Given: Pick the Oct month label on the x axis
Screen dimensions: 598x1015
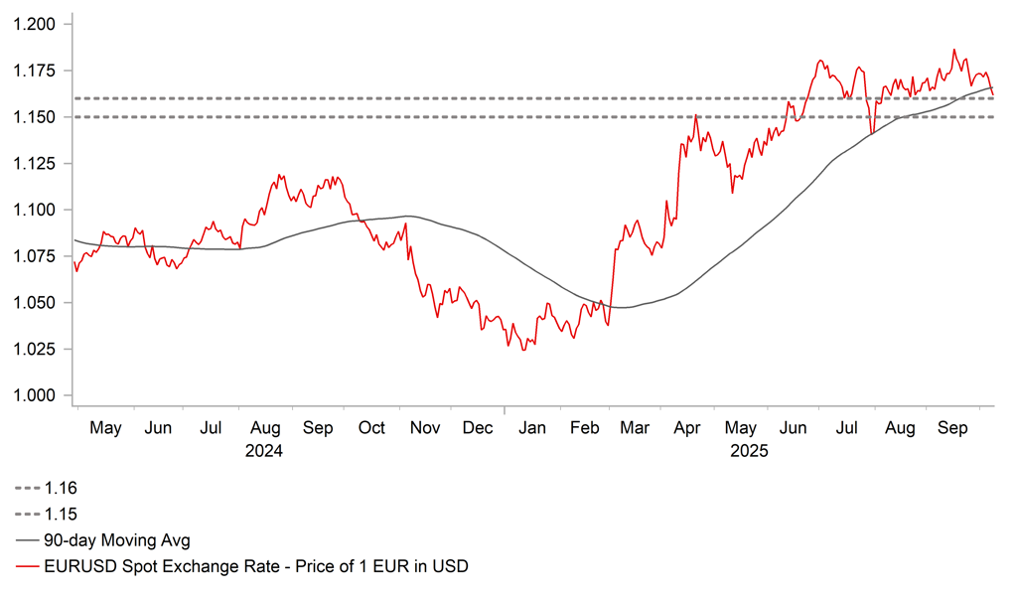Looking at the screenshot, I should (371, 428).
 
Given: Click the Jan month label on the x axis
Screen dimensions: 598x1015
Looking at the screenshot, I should (532, 428).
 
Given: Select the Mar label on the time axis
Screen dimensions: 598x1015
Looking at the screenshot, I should (635, 428).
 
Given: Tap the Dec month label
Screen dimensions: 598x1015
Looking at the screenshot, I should (478, 428).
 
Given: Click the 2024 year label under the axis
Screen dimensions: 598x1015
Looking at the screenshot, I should (265, 450).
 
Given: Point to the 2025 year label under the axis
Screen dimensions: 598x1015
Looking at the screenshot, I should (751, 450).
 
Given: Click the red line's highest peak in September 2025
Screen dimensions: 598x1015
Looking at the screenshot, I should (954, 49).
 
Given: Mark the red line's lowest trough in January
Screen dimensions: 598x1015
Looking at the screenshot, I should (523, 350).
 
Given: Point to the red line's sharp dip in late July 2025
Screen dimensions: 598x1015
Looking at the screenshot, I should (872, 133).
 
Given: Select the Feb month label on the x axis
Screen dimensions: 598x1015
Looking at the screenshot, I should (583, 428).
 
